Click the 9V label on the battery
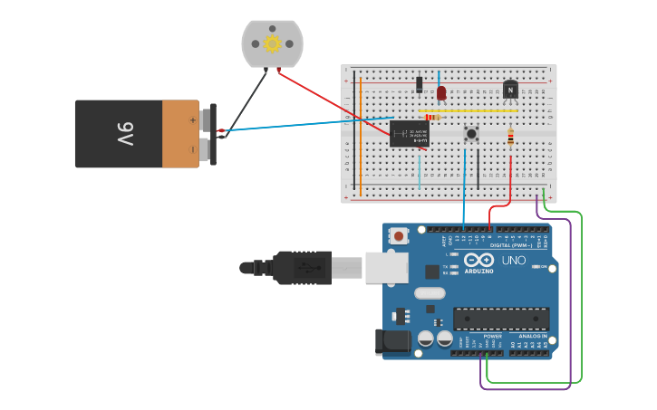(x=125, y=134)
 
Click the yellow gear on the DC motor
(x=272, y=43)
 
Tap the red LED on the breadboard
(x=441, y=92)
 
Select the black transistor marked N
(x=510, y=90)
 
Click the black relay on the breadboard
(x=409, y=134)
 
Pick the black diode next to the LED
(x=419, y=84)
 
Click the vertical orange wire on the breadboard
(x=361, y=136)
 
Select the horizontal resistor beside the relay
(x=432, y=117)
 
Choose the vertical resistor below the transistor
(x=510, y=137)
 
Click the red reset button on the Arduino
(x=399, y=236)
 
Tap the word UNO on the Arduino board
(x=514, y=261)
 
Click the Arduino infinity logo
(x=478, y=260)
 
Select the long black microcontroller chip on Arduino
(x=501, y=319)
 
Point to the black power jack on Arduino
(x=392, y=341)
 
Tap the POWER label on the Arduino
(x=492, y=336)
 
